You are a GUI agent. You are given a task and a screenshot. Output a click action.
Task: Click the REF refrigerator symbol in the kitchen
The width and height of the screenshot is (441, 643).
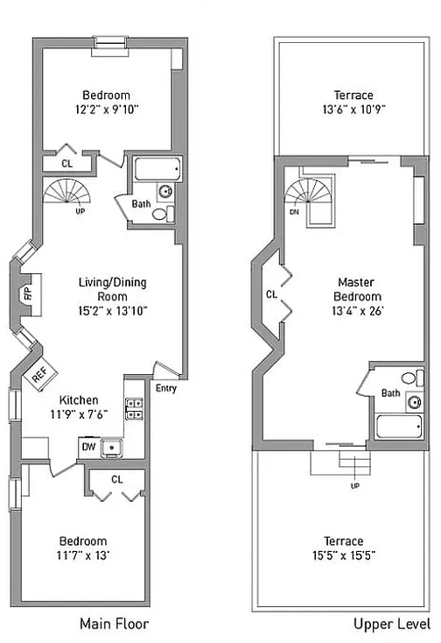click(x=40, y=373)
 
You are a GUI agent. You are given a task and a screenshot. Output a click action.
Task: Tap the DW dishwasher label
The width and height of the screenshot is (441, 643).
click(x=88, y=447)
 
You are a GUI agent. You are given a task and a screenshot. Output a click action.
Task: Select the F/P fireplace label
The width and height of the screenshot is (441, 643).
click(x=28, y=294)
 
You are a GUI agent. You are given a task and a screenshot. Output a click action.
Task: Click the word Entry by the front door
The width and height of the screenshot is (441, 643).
click(x=166, y=388)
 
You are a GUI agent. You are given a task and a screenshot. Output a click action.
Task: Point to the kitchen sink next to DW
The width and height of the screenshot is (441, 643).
click(x=112, y=448)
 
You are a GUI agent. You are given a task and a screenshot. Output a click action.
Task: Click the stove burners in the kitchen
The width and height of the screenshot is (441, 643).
click(x=134, y=409)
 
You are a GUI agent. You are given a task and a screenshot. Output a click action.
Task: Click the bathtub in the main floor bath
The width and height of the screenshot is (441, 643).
click(x=157, y=169)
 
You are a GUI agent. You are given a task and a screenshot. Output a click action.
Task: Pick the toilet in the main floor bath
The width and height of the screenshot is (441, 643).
click(x=163, y=214)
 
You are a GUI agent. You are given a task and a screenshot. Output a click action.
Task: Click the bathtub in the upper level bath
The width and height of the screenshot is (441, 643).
click(x=399, y=427)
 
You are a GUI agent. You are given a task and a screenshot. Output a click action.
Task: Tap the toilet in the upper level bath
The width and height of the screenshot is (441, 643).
click(x=412, y=378)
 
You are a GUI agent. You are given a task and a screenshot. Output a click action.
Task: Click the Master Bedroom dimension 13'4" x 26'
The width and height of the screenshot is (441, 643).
click(x=358, y=311)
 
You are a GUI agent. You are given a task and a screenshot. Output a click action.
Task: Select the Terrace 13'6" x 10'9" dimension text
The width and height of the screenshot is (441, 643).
click(x=353, y=110)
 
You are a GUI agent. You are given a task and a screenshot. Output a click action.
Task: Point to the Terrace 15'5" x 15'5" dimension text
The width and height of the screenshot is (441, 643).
click(x=344, y=555)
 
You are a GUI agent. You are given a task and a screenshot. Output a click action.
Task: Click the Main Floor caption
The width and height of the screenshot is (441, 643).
click(x=115, y=624)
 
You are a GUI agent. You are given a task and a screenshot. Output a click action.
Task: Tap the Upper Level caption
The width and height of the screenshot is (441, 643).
click(x=392, y=624)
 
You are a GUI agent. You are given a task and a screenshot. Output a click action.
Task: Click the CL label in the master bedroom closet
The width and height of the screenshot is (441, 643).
click(x=271, y=294)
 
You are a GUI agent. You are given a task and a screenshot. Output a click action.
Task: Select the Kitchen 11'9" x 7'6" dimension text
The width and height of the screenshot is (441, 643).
click(x=79, y=414)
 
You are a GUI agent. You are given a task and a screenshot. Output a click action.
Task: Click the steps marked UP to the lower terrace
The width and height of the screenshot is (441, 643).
click(x=354, y=463)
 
